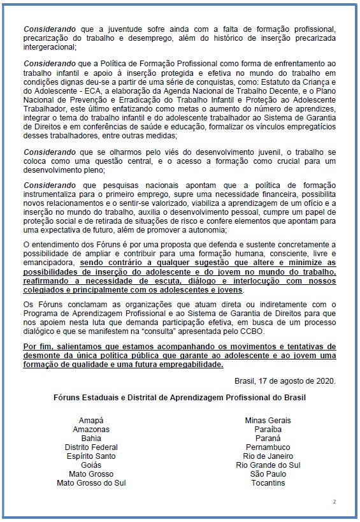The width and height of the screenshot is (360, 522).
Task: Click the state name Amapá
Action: point(91,421)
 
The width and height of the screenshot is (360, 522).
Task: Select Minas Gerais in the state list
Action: point(268,421)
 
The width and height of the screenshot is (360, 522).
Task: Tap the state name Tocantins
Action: point(268,482)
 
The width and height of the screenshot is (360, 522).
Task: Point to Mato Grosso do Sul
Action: point(91,482)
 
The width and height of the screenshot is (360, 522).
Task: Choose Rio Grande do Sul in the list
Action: point(268,465)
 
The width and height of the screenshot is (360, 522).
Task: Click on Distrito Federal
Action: point(91,447)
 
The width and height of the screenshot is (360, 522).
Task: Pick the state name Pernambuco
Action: point(268,447)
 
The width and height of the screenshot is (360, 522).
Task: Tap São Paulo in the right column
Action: point(268,474)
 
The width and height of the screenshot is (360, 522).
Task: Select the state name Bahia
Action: point(91,439)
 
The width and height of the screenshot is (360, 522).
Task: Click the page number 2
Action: point(334,502)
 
